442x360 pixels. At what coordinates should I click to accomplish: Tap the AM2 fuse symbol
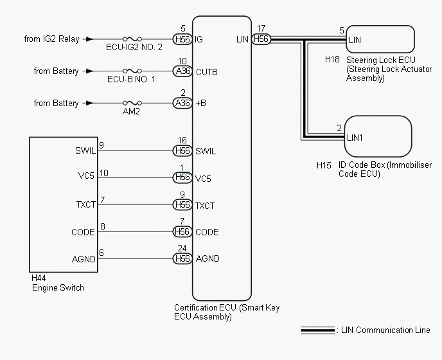pos(132,103)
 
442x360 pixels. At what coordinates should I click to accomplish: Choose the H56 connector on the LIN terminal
pos(261,39)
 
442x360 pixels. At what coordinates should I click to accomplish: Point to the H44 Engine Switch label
pos(58,283)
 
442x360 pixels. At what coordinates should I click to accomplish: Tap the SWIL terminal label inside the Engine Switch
pos(85,152)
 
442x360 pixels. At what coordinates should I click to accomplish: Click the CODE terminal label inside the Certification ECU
pos(207,232)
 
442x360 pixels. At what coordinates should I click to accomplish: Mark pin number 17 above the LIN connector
pos(261,28)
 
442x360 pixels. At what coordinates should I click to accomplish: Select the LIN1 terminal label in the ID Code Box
pos(355,138)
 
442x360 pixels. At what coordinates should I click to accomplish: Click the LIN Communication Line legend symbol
pos(317,330)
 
